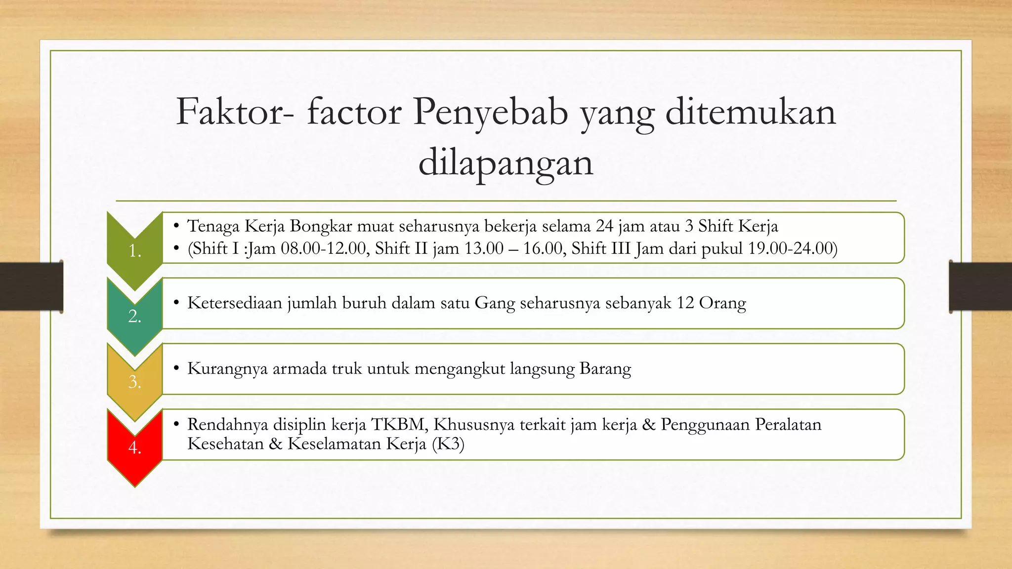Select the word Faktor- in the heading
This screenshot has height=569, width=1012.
235,112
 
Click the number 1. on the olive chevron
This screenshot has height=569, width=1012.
135,251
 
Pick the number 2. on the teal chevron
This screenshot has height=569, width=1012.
135,316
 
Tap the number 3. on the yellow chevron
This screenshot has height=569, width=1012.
135,382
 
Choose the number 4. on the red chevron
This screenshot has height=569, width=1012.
135,447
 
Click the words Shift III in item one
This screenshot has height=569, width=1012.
600,248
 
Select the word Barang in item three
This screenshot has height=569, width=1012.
605,369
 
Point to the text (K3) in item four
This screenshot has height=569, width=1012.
448,444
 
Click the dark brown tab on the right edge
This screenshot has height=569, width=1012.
980,286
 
